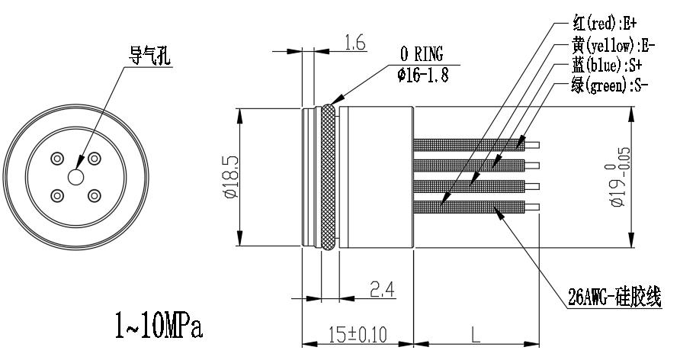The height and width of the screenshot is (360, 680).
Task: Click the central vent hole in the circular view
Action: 75,177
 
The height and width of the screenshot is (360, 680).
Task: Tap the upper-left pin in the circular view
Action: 57,159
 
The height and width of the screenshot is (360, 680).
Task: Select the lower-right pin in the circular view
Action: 94,196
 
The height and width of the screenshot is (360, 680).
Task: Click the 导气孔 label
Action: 149,56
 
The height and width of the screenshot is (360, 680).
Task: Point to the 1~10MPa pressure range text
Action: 159,326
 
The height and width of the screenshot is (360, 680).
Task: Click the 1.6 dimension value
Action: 354,43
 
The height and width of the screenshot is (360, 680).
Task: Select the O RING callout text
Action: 422,54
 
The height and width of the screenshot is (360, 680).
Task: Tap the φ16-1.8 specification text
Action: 422,75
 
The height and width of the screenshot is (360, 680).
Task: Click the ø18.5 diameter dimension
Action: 231,177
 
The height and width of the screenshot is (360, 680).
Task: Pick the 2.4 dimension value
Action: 382,289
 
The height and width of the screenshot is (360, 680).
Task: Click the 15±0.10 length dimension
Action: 358,335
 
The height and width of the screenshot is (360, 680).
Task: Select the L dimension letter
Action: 475,335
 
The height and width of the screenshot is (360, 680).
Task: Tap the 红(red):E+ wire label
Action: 605,23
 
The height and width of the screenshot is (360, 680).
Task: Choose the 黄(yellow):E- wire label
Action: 613,45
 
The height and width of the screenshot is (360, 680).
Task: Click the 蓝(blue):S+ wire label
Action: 607,66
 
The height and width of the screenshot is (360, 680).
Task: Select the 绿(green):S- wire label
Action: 610,85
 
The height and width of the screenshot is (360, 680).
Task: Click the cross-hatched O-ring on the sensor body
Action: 329,177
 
